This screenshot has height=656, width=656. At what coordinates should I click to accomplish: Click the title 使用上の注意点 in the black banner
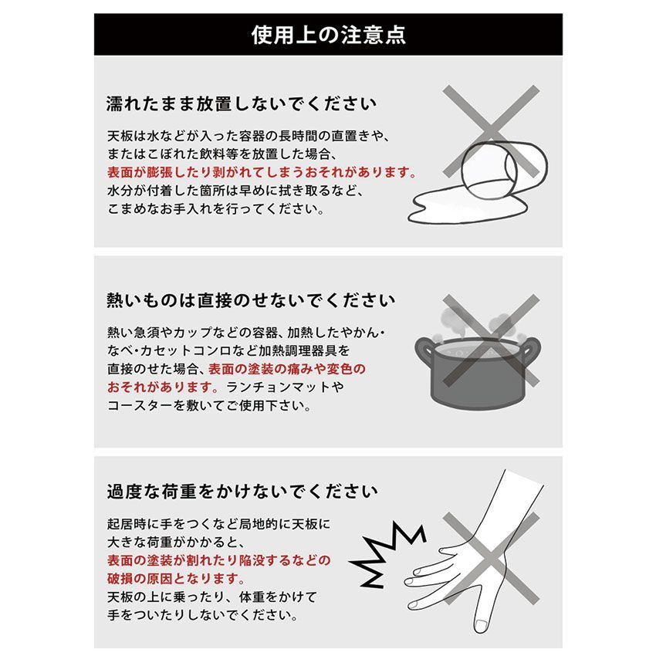(x=329, y=34)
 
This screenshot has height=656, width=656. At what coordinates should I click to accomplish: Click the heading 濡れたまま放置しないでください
(x=242, y=103)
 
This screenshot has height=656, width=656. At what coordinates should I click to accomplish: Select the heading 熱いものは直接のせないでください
(x=251, y=300)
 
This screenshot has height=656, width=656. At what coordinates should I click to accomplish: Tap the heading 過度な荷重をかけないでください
(x=242, y=491)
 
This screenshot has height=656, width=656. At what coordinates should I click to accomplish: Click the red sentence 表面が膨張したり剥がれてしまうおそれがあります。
(x=262, y=172)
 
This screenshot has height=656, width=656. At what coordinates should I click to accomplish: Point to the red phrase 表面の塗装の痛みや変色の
(x=287, y=369)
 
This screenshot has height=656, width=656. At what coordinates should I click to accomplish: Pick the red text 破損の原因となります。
(x=176, y=579)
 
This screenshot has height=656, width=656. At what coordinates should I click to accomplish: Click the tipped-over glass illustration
(x=505, y=171)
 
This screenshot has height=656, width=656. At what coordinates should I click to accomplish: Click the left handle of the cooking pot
(x=424, y=350)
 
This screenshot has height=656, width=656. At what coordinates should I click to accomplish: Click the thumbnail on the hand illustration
(x=481, y=625)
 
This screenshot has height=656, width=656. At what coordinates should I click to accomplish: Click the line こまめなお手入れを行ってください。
(x=216, y=209)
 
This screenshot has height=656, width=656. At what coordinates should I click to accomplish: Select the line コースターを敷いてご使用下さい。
(x=209, y=405)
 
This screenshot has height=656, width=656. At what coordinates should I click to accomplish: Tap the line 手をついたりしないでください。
(x=203, y=615)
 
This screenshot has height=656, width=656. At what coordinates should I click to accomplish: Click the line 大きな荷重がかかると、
(x=176, y=543)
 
